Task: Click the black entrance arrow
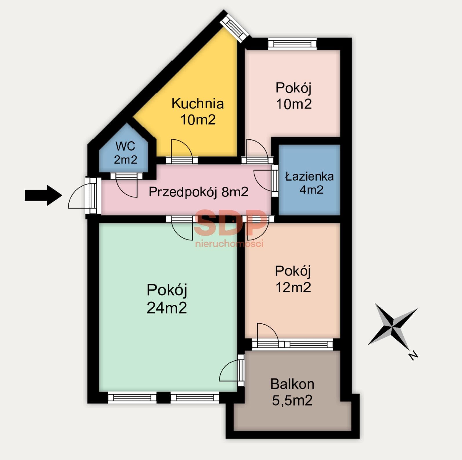click(43, 195)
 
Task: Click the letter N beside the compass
click(413, 355)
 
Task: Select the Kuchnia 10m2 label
click(198, 112)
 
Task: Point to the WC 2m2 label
click(125, 153)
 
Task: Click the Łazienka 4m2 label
click(310, 183)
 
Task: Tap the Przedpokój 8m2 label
click(198, 192)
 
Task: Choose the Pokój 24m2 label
click(167, 299)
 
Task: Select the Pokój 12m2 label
click(293, 279)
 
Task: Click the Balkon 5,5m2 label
click(292, 392)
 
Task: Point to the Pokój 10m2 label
click(294, 96)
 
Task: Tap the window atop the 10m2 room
click(292, 44)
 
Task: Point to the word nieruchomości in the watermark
click(229, 243)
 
